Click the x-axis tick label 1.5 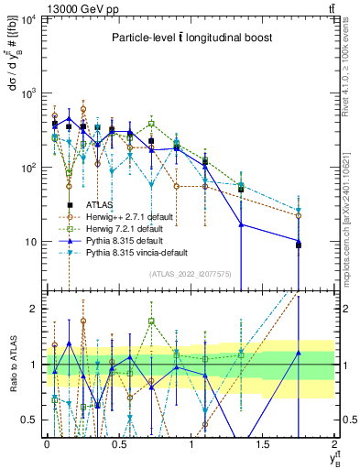pos(263,444)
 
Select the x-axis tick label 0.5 pos(118,444)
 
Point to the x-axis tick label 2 pos(335,444)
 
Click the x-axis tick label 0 pos(47,444)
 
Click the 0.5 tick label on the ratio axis pos(31,420)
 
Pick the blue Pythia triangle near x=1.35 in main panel pos(241,224)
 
